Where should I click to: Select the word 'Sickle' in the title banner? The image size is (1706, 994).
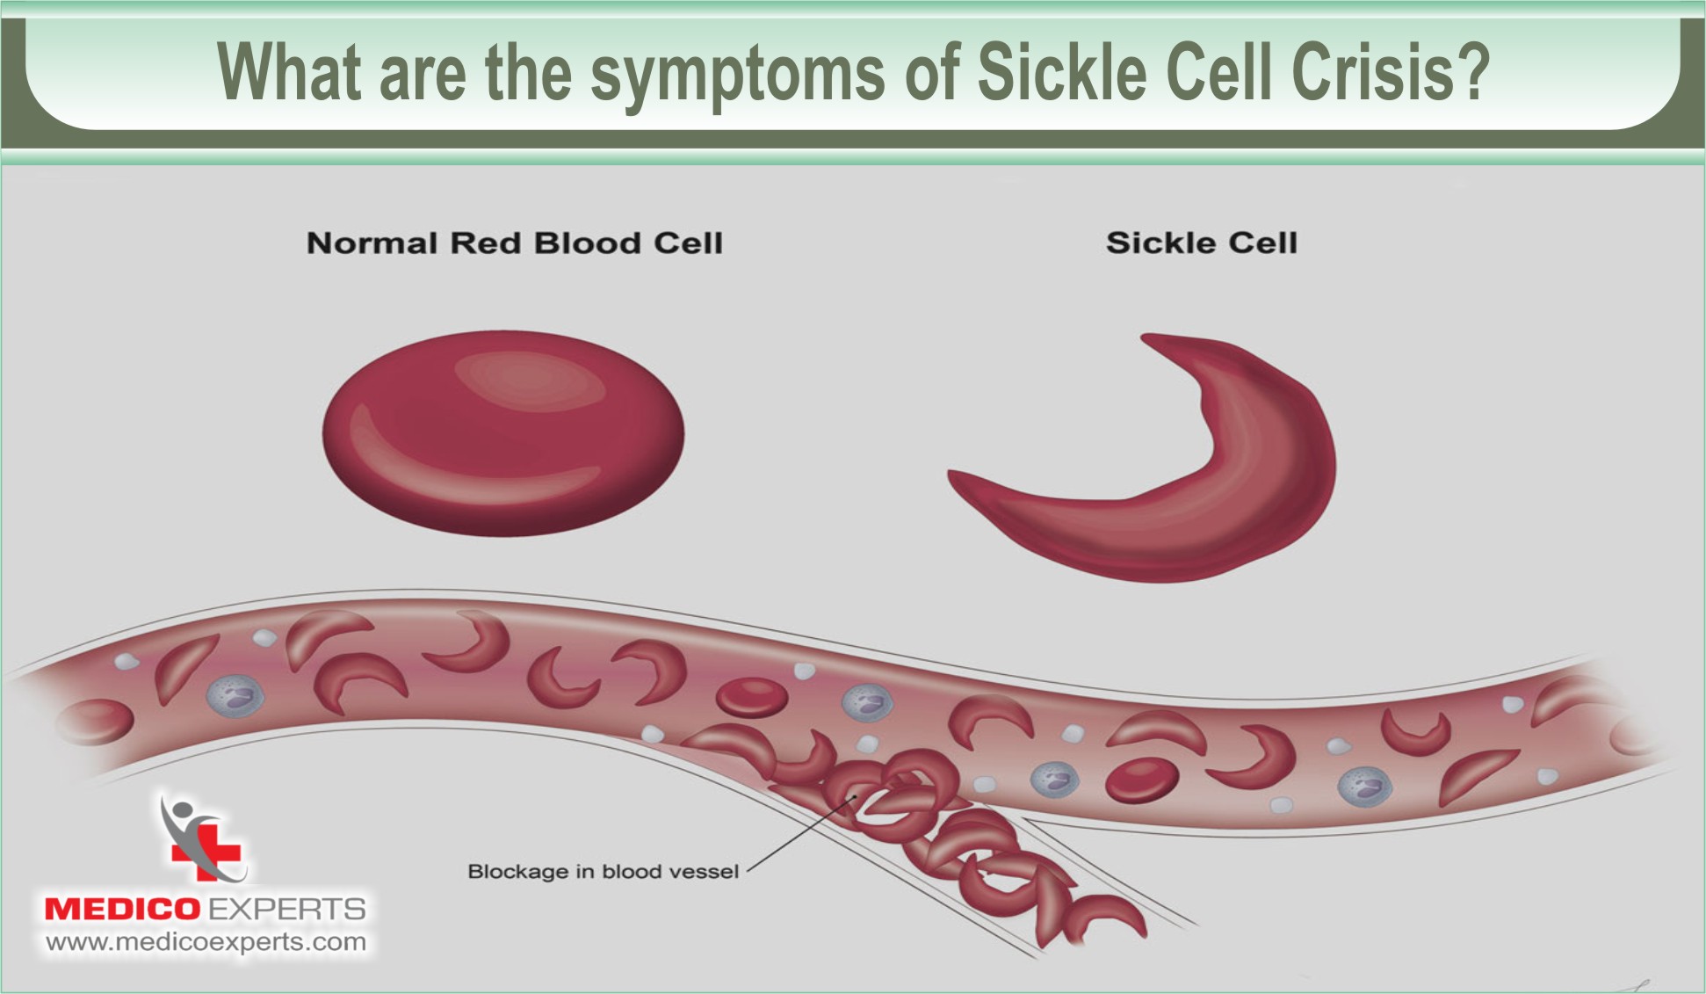[1061, 72]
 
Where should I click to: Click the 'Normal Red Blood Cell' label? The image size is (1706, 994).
[515, 243]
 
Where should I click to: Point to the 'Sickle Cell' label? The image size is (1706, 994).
[1201, 243]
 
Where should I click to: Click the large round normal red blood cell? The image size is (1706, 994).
[502, 432]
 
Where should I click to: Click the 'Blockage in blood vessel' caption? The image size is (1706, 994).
[603, 871]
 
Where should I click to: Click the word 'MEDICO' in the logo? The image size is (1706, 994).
[122, 909]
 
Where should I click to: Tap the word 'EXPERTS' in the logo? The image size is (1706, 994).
[286, 909]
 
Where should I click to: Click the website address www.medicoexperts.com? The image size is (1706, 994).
[206, 942]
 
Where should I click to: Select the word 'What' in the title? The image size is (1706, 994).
[288, 72]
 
